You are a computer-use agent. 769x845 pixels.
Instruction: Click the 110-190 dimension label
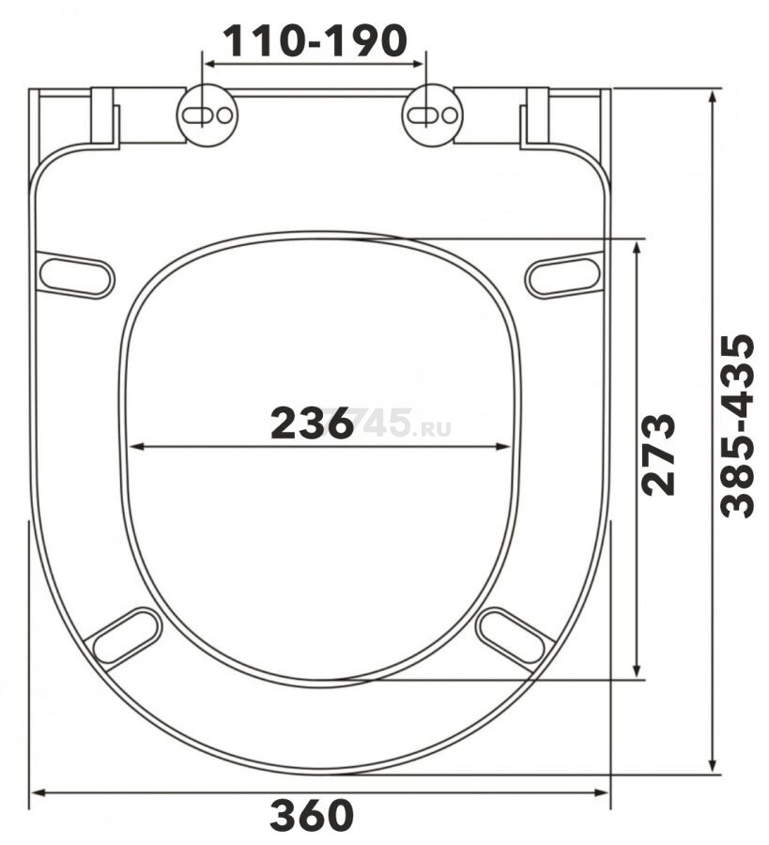[x=314, y=39]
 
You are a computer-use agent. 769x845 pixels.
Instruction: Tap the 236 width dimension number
[x=312, y=424]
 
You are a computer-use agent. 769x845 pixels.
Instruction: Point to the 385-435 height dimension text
[x=737, y=425]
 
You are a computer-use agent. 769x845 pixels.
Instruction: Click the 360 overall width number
[x=312, y=816]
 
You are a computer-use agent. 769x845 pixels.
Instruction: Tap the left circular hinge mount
[x=208, y=115]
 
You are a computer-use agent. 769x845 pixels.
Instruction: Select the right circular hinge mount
[x=433, y=115]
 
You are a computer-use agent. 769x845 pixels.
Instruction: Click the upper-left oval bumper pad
[x=75, y=274]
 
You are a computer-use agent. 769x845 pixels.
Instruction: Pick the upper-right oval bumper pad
[x=563, y=274]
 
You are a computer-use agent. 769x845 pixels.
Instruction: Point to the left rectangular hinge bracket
[x=103, y=118]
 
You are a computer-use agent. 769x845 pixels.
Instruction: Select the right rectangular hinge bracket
[x=537, y=118]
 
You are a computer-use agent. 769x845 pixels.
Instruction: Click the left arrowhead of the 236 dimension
[x=133, y=447]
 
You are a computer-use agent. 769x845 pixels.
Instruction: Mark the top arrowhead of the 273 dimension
[x=638, y=246]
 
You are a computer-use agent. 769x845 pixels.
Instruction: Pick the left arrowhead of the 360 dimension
[x=38, y=793]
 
